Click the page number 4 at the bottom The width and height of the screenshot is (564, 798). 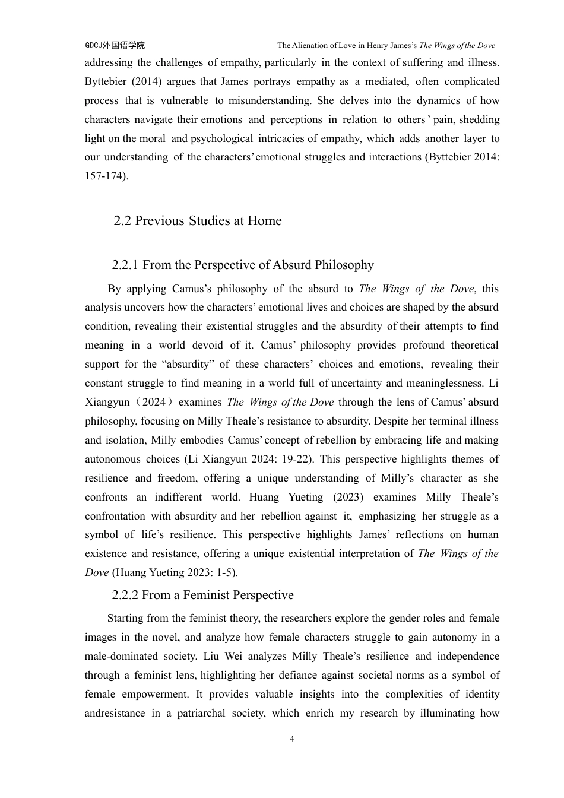tap(291, 739)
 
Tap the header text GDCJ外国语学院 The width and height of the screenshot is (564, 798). tap(115, 45)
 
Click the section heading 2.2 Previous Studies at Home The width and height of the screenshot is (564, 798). tap(198, 221)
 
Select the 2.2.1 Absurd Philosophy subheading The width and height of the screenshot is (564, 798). tap(243, 265)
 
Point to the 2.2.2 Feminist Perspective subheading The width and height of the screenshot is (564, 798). tap(202, 595)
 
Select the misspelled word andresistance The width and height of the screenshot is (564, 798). tap(115, 713)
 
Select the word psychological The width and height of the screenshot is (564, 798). tap(221, 138)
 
